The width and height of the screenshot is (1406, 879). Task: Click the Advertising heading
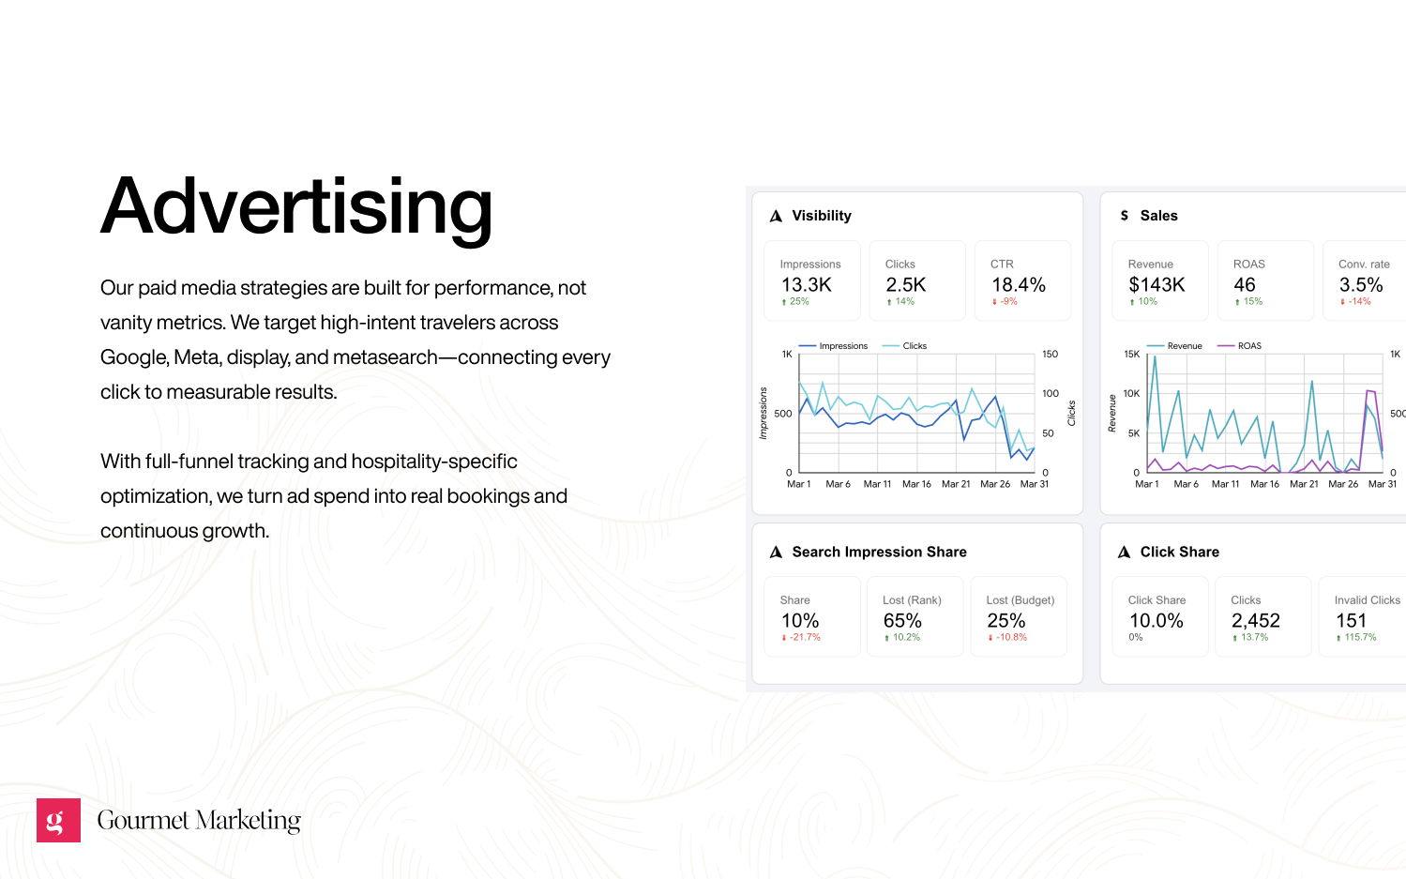click(x=296, y=208)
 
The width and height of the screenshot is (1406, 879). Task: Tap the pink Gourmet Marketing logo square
click(x=58, y=820)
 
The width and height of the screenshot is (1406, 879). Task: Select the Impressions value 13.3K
click(x=806, y=285)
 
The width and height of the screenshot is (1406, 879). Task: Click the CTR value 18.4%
click(x=1018, y=285)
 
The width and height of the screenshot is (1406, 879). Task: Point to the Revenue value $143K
click(x=1157, y=285)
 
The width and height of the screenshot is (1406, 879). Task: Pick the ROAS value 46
click(x=1244, y=285)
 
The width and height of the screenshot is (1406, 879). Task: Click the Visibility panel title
click(x=821, y=216)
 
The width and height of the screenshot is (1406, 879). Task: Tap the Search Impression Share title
click(x=879, y=552)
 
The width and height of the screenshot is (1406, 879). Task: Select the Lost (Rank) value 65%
click(x=902, y=621)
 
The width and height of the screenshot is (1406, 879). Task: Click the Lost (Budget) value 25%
click(x=1005, y=621)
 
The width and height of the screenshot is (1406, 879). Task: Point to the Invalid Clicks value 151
click(x=1351, y=621)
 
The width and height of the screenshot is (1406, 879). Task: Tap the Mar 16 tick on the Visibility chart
click(x=916, y=484)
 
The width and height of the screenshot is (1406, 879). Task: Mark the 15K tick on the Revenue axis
click(x=1131, y=354)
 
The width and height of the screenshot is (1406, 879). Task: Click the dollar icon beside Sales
click(x=1125, y=216)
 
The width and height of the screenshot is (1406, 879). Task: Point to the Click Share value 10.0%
click(x=1157, y=621)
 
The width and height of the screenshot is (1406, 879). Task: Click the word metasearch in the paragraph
click(x=385, y=357)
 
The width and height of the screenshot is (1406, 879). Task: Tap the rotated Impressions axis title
click(x=763, y=413)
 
